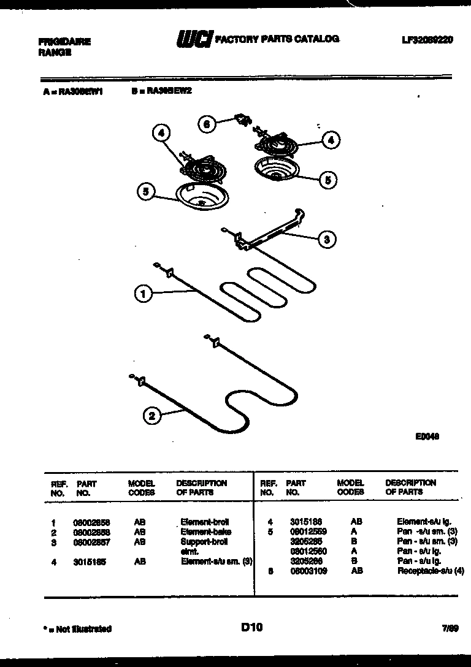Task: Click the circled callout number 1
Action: [x=143, y=294]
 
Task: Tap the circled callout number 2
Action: [x=152, y=417]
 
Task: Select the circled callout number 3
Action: [x=326, y=240]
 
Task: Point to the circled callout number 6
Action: [x=207, y=124]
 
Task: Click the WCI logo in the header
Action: [x=194, y=39]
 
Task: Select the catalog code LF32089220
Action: [x=427, y=40]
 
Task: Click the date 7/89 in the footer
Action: [x=450, y=628]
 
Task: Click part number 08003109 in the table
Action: [x=308, y=571]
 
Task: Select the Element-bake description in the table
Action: [x=205, y=532]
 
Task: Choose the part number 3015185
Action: [x=89, y=561]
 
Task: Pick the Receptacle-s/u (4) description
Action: [x=431, y=571]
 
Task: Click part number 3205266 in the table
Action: [x=305, y=561]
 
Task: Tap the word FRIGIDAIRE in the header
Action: [x=64, y=42]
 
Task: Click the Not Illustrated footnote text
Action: [x=77, y=628]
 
